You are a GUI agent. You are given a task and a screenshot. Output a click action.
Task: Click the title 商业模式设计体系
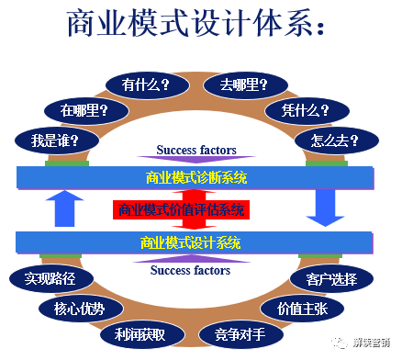pos(198,26)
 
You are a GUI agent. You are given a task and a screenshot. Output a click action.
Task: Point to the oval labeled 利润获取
pos(134,332)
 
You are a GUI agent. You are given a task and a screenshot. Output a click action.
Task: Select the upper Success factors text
pos(195,150)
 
